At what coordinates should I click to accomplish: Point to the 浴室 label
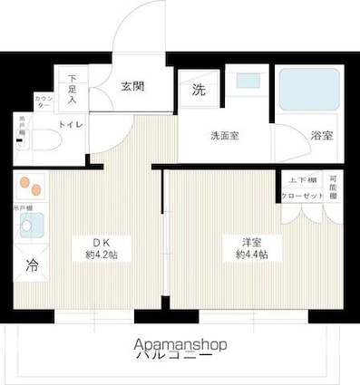321,136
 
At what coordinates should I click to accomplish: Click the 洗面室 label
226,136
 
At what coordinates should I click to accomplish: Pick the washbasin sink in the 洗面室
248,82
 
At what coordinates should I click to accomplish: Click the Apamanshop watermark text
180,344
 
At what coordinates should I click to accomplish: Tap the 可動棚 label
334,187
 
